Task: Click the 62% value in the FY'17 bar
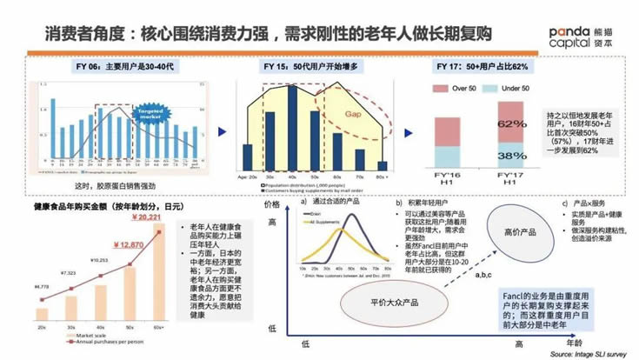(x=512, y=124)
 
